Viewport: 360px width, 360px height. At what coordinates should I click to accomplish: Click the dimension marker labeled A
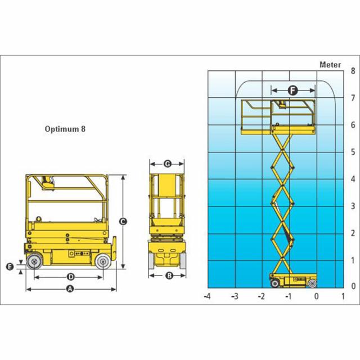pyautogui.click(x=70, y=289)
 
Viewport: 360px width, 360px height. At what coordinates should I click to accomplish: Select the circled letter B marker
pyautogui.click(x=169, y=275)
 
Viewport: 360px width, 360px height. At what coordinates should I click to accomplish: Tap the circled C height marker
pyautogui.click(x=123, y=222)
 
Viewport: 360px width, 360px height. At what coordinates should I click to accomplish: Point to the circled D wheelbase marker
pyautogui.click(x=71, y=277)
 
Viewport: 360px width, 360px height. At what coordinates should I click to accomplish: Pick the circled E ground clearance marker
pyautogui.click(x=10, y=267)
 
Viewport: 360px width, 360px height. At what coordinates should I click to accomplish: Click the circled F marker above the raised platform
pyautogui.click(x=292, y=91)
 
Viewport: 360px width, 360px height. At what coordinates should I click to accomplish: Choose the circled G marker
pyautogui.click(x=168, y=164)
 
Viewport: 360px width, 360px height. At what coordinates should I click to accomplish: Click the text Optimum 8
pyautogui.click(x=65, y=129)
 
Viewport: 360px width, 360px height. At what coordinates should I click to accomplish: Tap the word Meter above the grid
pyautogui.click(x=330, y=65)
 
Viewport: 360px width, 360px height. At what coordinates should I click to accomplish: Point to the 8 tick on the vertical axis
pyautogui.click(x=353, y=71)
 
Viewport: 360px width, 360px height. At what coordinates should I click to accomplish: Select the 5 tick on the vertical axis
pyautogui.click(x=353, y=152)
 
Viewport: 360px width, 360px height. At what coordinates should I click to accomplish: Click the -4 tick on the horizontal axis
pyautogui.click(x=207, y=296)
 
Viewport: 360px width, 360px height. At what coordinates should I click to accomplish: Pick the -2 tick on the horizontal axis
pyautogui.click(x=261, y=296)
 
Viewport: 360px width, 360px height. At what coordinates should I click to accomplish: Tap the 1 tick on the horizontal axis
pyautogui.click(x=343, y=296)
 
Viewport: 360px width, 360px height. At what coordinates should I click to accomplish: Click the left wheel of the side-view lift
pyautogui.click(x=34, y=261)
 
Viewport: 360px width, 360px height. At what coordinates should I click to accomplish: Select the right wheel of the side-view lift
pyautogui.click(x=103, y=261)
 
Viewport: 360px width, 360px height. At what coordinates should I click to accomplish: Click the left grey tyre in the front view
pyautogui.click(x=151, y=260)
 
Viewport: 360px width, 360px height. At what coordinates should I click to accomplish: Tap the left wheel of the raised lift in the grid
pyautogui.click(x=275, y=283)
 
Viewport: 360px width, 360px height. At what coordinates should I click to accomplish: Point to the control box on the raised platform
pyautogui.click(x=282, y=105)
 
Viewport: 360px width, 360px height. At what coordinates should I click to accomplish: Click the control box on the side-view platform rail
pyautogui.click(x=48, y=183)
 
